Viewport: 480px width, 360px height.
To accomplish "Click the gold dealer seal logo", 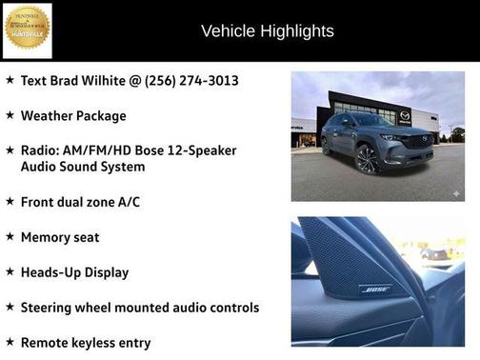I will (27, 30).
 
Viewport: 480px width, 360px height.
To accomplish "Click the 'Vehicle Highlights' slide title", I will (268, 31).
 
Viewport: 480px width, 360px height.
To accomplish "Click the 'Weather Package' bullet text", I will (73, 115).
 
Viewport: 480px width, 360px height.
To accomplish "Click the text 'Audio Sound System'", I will (83, 167).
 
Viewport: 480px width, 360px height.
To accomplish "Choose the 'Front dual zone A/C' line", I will (81, 202).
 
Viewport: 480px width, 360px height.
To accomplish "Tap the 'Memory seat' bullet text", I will (60, 237).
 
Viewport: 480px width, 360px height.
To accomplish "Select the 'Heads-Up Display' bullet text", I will (74, 272).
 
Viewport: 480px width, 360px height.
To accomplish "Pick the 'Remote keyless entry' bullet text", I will (86, 342).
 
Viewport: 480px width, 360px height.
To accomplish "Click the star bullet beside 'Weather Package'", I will (10, 114).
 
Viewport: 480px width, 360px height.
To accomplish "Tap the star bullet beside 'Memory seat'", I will (10, 236).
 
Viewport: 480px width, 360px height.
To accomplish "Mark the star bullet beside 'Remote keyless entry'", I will (10, 341).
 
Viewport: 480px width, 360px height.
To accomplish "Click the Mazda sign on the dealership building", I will (405, 115).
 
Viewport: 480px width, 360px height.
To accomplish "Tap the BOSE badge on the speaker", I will (374, 289).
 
